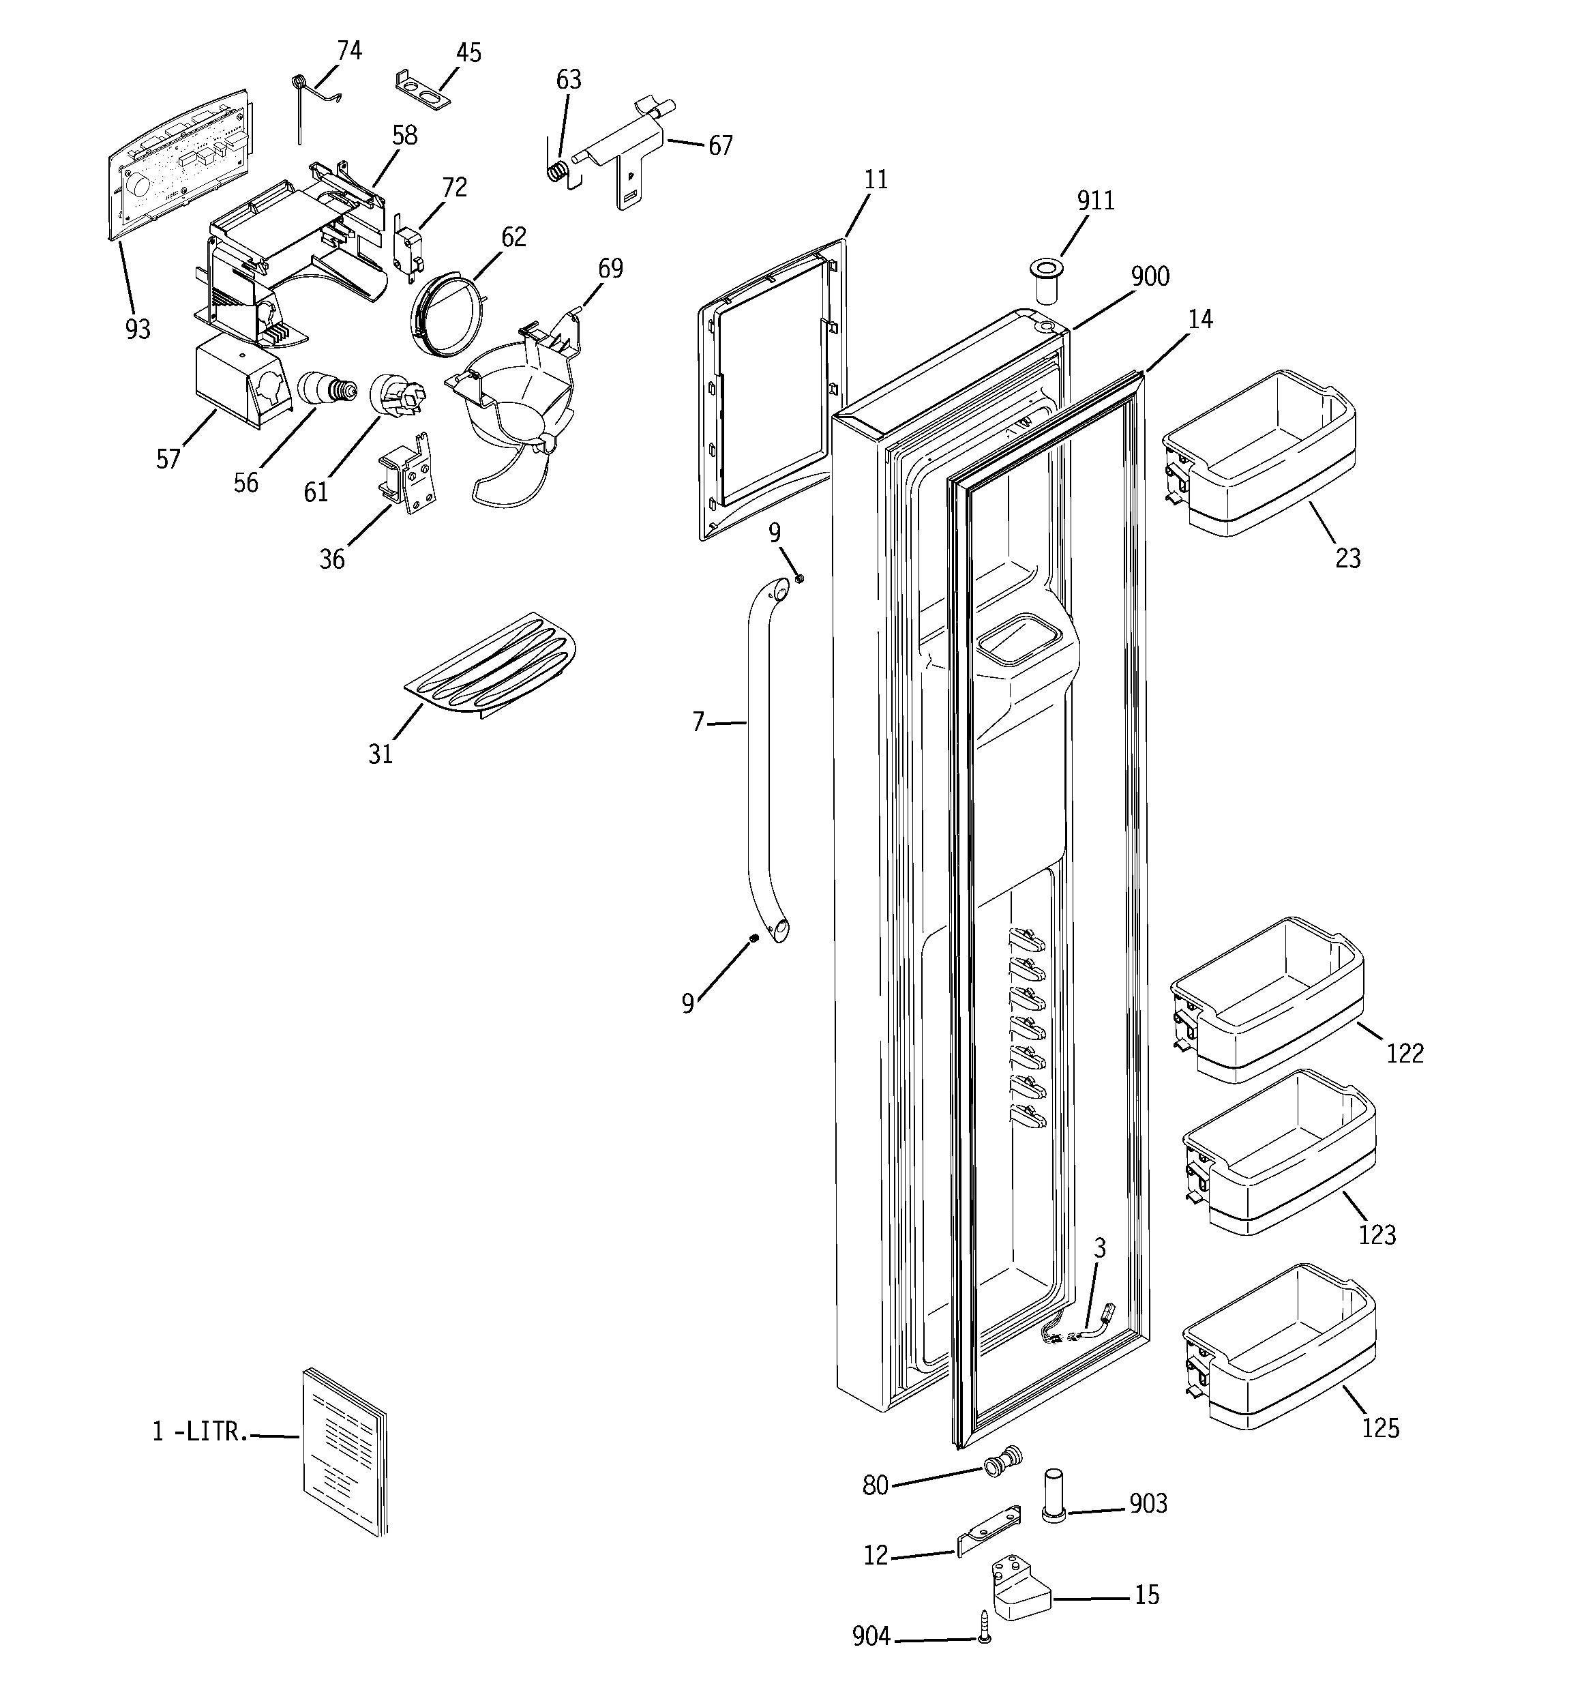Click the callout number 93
[138, 329]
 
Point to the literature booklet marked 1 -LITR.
[344, 1451]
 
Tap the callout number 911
[1095, 201]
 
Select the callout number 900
[1150, 277]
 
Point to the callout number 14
[1200, 319]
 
